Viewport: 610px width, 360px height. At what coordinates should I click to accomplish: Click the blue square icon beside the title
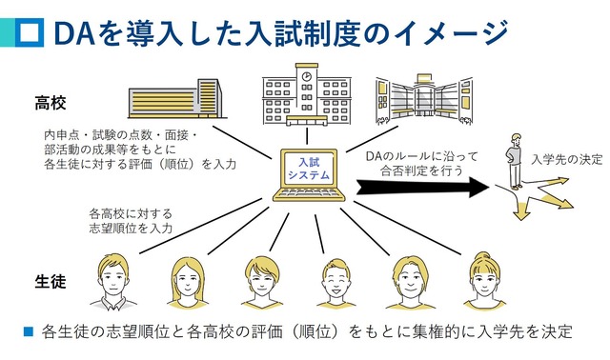pyautogui.click(x=30, y=31)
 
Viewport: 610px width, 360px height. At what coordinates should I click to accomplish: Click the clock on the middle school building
pyautogui.click(x=307, y=73)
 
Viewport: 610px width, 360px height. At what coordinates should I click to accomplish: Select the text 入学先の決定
pyautogui.click(x=567, y=158)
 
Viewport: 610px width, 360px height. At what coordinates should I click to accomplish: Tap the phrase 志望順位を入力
pyautogui.click(x=131, y=229)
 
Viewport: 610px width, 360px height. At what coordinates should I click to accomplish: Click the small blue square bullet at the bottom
pyautogui.click(x=28, y=332)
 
